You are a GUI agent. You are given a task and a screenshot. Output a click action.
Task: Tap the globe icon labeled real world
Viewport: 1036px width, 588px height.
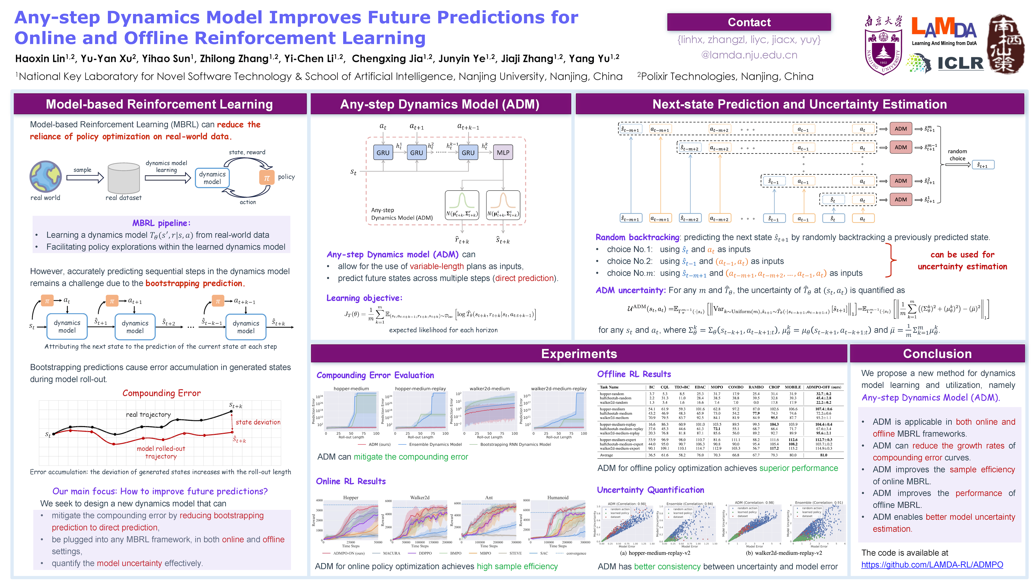(x=46, y=176)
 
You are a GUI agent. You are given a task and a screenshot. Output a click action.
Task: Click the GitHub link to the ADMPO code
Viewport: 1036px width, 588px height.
(x=932, y=565)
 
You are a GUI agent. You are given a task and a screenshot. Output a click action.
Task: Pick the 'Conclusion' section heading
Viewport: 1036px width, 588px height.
(x=937, y=354)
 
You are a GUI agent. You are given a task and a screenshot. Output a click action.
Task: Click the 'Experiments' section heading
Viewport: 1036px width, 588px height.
(x=579, y=354)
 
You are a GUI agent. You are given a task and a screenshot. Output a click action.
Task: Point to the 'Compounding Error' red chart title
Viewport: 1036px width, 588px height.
(x=162, y=393)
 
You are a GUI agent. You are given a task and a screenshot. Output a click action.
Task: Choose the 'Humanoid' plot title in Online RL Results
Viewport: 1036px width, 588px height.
(x=558, y=498)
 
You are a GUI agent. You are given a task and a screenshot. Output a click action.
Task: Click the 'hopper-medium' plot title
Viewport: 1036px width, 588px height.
(x=351, y=389)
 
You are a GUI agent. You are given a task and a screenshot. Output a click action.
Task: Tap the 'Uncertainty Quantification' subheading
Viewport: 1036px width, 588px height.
(x=650, y=490)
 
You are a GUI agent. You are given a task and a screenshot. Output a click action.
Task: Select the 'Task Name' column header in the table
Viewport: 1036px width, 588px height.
(x=609, y=387)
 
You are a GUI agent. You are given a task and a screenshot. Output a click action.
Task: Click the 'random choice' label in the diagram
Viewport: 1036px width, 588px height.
(x=957, y=155)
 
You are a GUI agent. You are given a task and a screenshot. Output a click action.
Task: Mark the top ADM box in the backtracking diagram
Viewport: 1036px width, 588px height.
(x=900, y=129)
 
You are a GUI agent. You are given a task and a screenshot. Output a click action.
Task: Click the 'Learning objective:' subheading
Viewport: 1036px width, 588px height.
(x=364, y=298)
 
